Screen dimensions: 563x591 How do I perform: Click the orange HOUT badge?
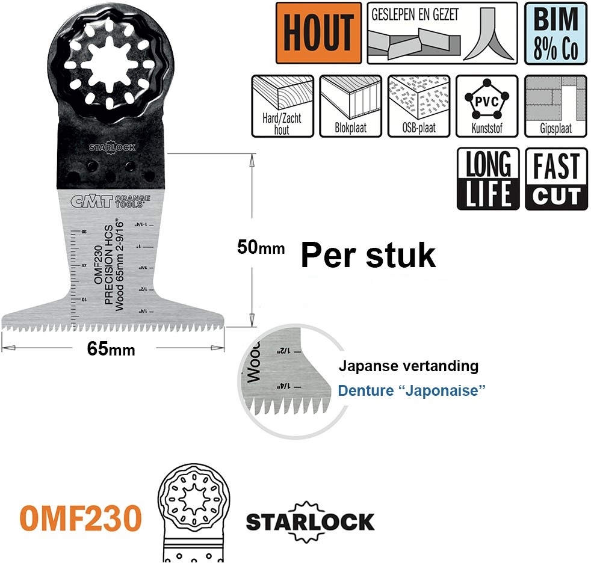coord(318,33)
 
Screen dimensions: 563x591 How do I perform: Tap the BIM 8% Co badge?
coord(555,33)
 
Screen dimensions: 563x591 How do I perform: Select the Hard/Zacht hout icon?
coord(282,106)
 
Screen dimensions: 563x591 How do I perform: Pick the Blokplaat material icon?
coord(350,106)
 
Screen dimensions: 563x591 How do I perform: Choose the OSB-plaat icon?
coord(418,106)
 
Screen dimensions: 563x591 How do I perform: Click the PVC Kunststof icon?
coord(486,106)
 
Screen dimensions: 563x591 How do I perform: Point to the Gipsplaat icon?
coord(555,106)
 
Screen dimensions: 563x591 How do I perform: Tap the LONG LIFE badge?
coord(488,179)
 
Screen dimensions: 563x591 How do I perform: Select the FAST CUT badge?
coord(556,179)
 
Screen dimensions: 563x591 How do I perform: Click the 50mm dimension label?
coord(261,247)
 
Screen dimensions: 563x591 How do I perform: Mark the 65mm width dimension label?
coord(111,349)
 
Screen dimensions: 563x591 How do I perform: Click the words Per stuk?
coord(368,256)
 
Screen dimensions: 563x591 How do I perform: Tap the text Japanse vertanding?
coord(408,365)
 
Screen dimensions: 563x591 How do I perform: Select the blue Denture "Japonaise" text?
coord(412,390)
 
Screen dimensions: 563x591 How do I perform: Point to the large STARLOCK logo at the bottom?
coord(310,520)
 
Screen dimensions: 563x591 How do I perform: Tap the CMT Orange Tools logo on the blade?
coord(107,202)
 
